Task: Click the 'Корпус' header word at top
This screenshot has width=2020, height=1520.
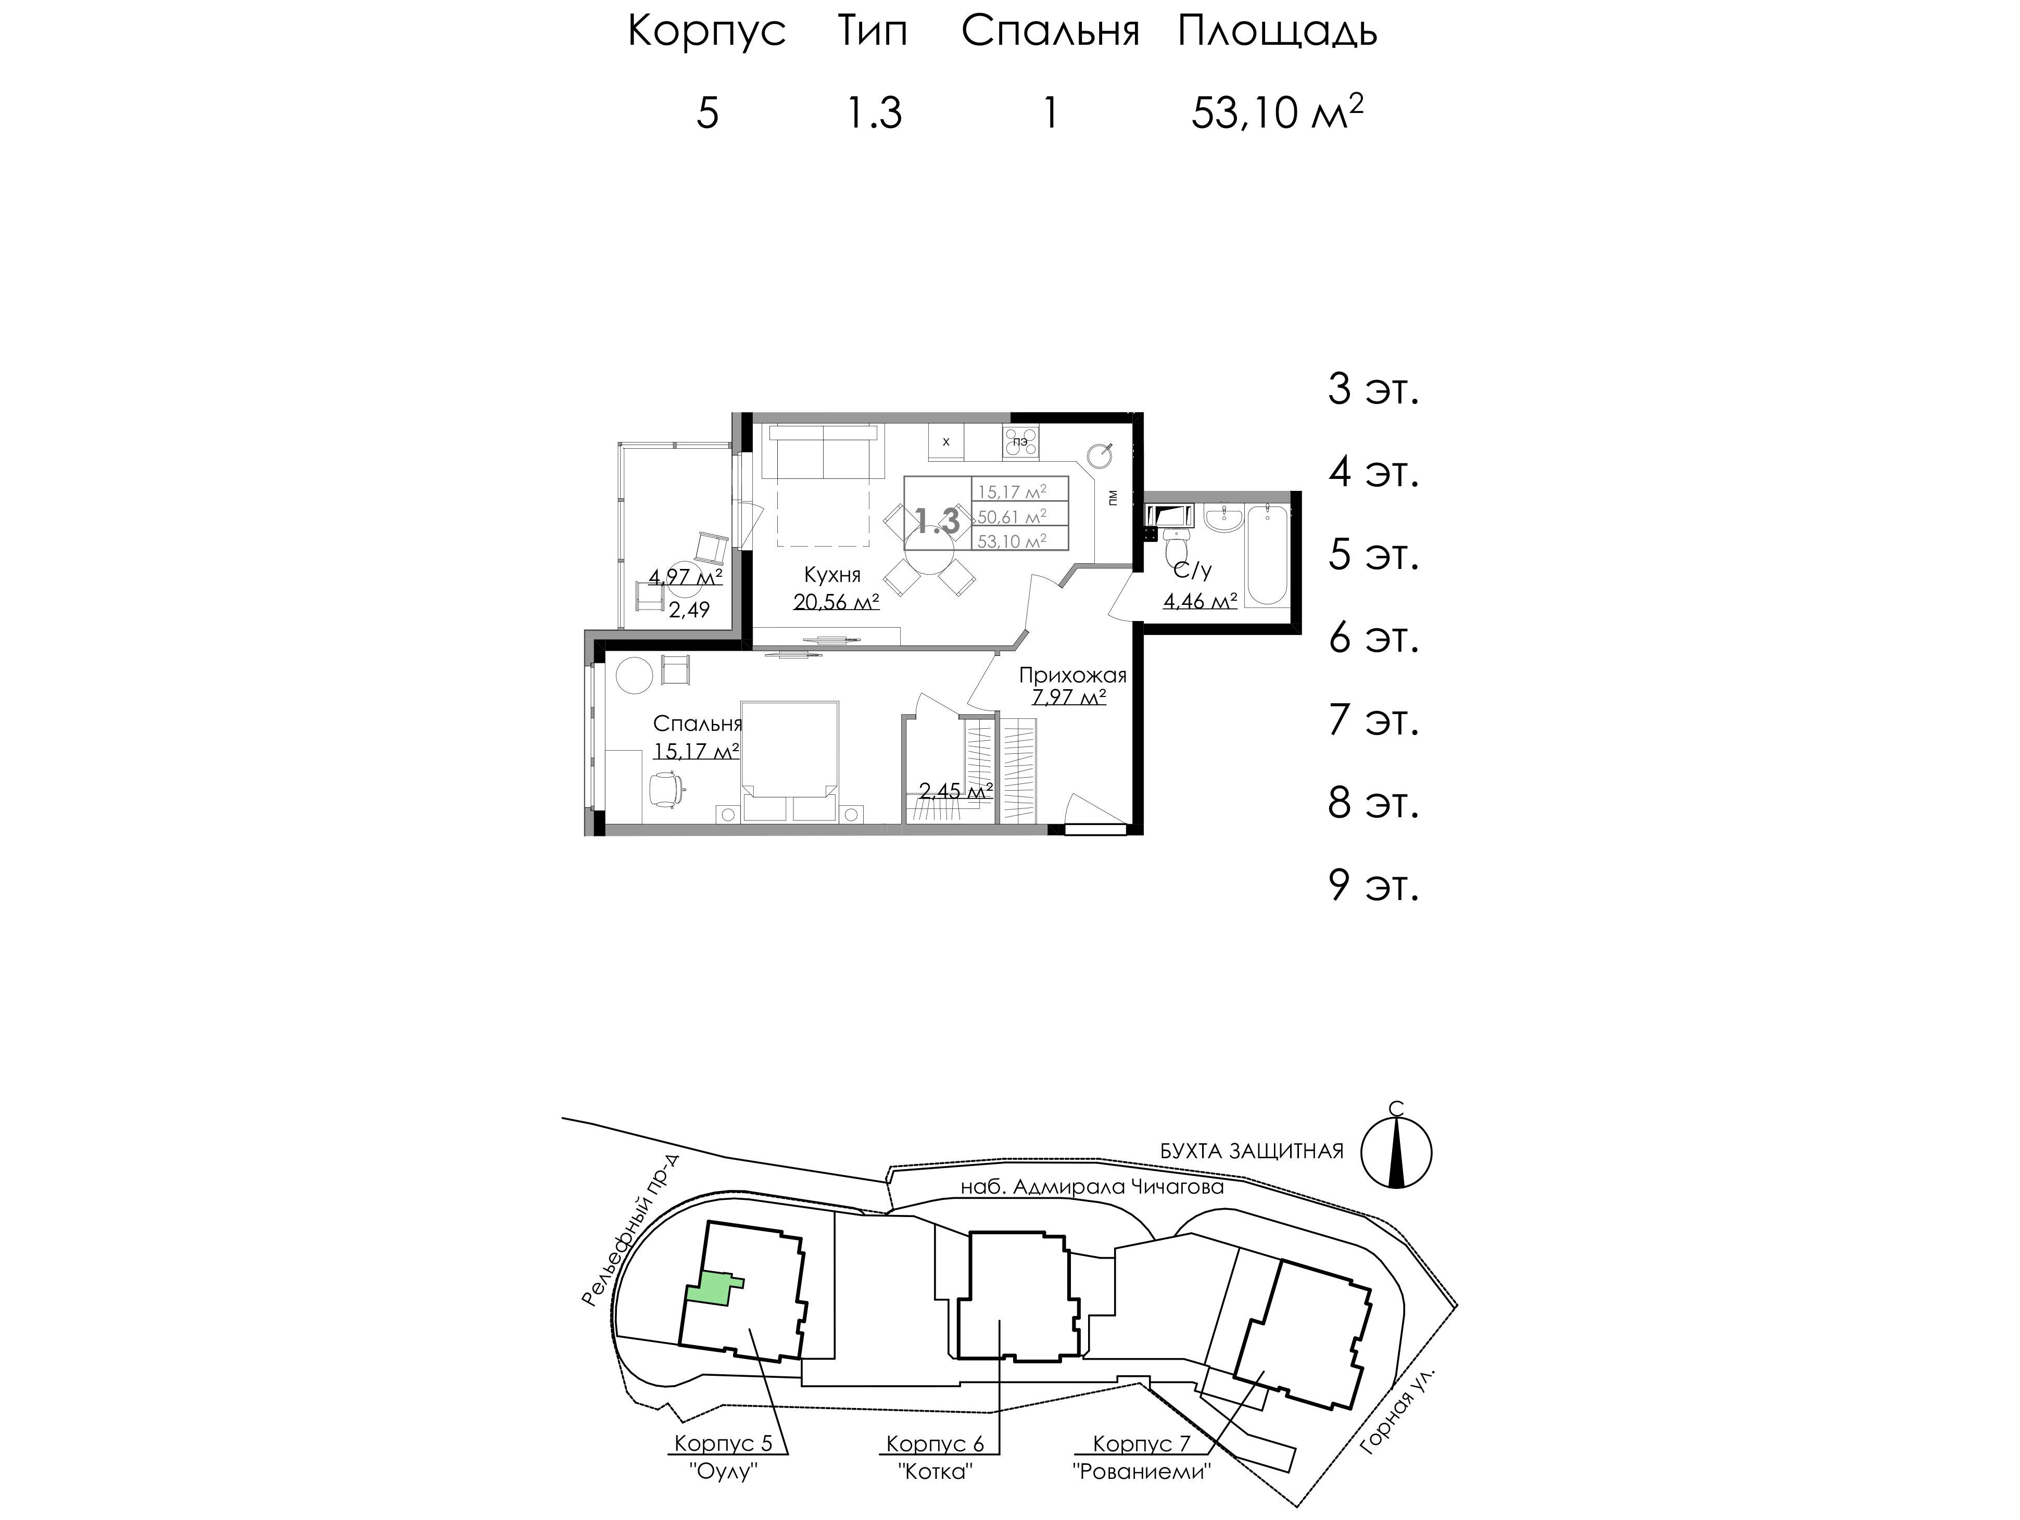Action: click(x=707, y=32)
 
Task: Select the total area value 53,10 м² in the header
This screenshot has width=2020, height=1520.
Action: click(x=1278, y=113)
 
